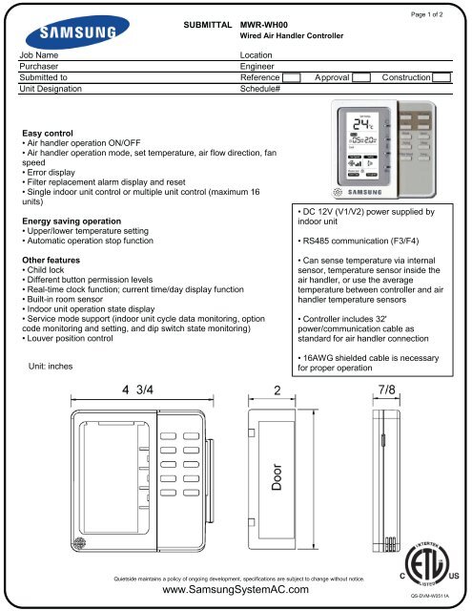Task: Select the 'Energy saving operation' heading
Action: pos(75,220)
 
